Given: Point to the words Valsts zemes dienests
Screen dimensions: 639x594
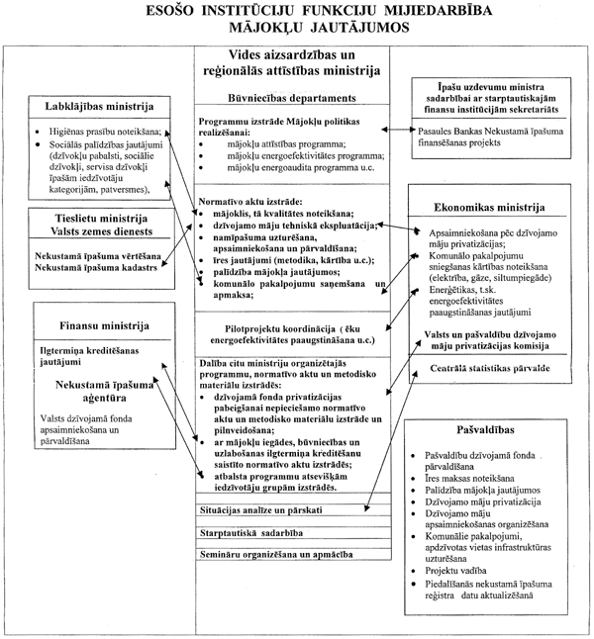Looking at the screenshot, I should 90,231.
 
